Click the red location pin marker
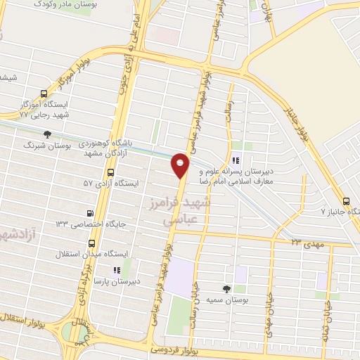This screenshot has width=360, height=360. click(x=181, y=166)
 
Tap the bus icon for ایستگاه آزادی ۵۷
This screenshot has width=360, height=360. click(x=111, y=172)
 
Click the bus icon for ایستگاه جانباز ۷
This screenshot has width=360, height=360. click(x=346, y=200)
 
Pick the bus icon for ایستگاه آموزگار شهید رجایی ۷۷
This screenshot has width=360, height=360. click(x=44, y=94)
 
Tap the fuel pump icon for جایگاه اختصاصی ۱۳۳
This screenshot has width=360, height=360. click(x=89, y=213)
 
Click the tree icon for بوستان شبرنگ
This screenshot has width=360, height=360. click(x=47, y=134)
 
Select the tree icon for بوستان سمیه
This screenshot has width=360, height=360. click(x=226, y=288)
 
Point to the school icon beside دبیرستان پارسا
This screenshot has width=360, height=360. click(x=117, y=269)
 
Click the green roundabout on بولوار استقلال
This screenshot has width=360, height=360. click(x=71, y=331)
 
